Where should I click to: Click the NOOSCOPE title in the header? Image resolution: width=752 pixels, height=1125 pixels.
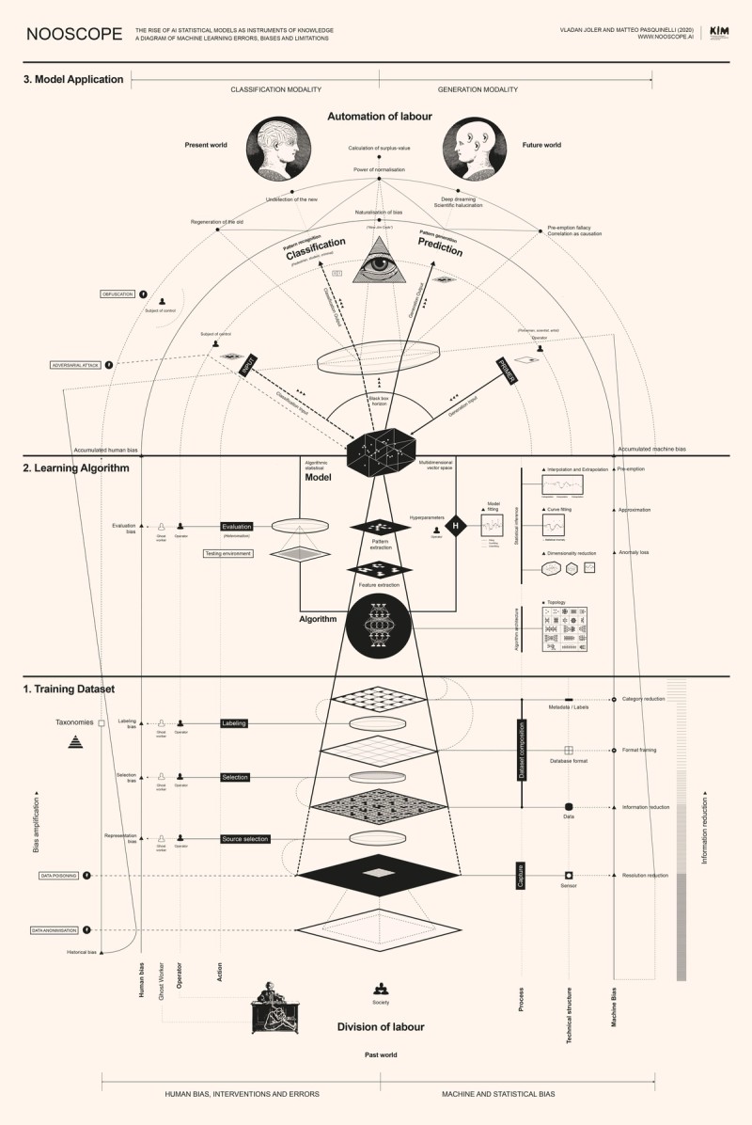[74, 35]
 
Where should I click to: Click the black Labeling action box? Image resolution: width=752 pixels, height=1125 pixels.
[233, 723]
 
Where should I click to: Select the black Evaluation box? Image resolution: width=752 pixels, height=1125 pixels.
[237, 527]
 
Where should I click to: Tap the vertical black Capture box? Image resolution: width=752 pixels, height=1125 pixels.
[520, 874]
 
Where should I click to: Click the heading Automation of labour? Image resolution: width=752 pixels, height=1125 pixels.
[380, 116]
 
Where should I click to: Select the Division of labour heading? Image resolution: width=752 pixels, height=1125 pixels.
[380, 1026]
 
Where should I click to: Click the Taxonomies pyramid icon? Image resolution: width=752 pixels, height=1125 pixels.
[72, 741]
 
